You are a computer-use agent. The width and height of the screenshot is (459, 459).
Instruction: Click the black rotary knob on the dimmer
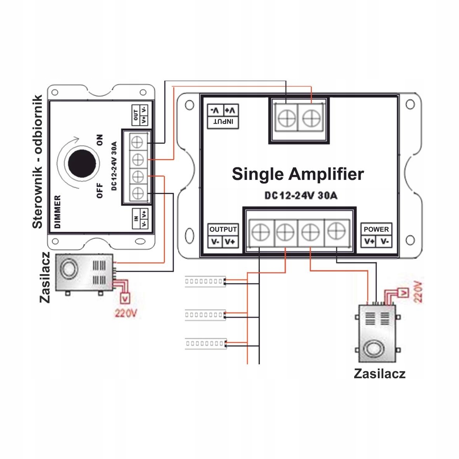tap(82, 163)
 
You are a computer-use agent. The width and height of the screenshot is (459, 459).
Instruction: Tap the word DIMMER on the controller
tap(57, 212)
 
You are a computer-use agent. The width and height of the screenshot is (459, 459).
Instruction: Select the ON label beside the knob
tap(100, 139)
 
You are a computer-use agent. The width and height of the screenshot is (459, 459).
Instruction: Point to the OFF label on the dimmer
tap(100, 191)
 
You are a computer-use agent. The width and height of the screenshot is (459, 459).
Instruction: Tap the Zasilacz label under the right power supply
tap(379, 374)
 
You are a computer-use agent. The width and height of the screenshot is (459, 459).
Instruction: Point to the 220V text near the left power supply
tap(126, 313)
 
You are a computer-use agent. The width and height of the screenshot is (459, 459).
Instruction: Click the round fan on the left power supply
tap(70, 268)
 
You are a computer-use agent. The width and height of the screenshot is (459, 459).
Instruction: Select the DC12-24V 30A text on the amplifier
tap(301, 196)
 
